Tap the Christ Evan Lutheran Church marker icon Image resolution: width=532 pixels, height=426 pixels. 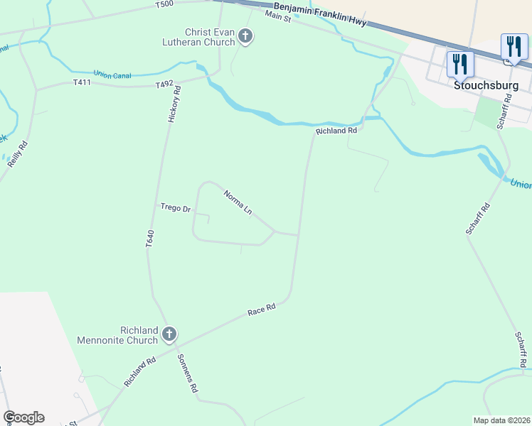click(245, 36)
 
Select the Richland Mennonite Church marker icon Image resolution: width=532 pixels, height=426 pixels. click(169, 334)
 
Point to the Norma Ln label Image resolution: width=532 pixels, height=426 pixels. click(238, 202)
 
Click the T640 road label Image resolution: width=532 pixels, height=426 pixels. click(149, 239)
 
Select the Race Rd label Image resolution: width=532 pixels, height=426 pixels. click(261, 310)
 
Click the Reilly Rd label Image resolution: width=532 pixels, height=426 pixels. click(18, 154)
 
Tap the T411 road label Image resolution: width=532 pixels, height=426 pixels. click(83, 82)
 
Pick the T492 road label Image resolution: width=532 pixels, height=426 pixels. click(164, 84)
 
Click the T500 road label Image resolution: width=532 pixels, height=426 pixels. click(164, 4)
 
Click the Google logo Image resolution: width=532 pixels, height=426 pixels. click(23, 417)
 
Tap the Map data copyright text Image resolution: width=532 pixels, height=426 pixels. click(501, 420)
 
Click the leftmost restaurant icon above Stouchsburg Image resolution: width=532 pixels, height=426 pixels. click(459, 64)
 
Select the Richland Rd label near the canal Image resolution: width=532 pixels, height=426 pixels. click(336, 131)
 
